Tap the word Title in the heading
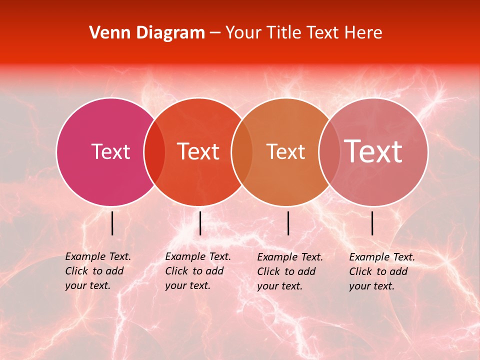coord(282,33)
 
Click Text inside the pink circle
coord(110,151)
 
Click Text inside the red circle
coord(198,151)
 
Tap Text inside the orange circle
coord(285,151)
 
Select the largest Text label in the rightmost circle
coord(373,151)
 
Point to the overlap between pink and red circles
coord(154,151)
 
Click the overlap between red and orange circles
coord(242,151)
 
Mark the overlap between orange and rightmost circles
coord(327,151)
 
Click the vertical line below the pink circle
coord(112,223)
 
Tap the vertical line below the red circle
coord(200,223)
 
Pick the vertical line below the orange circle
coord(288,223)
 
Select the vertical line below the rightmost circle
coord(372,223)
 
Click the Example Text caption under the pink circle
coord(98,271)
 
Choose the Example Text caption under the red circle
coord(198,271)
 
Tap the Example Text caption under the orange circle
coord(290,271)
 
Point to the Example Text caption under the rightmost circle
coord(382,271)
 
